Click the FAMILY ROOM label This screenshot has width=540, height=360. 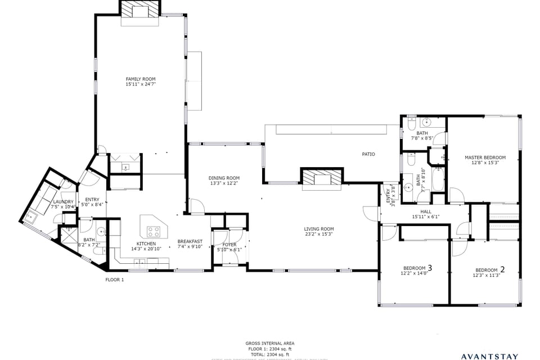(140, 79)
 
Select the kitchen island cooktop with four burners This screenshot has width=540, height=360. (155, 231)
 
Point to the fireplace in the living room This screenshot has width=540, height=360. (322, 177)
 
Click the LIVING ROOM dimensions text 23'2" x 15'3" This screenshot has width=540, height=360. (319, 235)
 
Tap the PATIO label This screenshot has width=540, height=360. (368, 154)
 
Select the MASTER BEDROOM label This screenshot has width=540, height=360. (485, 157)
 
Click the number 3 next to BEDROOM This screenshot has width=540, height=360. (430, 268)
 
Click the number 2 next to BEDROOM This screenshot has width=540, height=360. (502, 269)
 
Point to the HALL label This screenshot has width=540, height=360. (425, 211)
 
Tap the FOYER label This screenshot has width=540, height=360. (229, 245)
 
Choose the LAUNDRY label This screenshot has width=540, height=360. (63, 202)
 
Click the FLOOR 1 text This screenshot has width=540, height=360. (115, 280)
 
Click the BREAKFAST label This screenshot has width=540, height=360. (190, 241)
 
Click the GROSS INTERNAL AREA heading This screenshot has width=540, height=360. (269, 343)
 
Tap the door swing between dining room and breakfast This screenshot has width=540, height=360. (196, 206)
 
